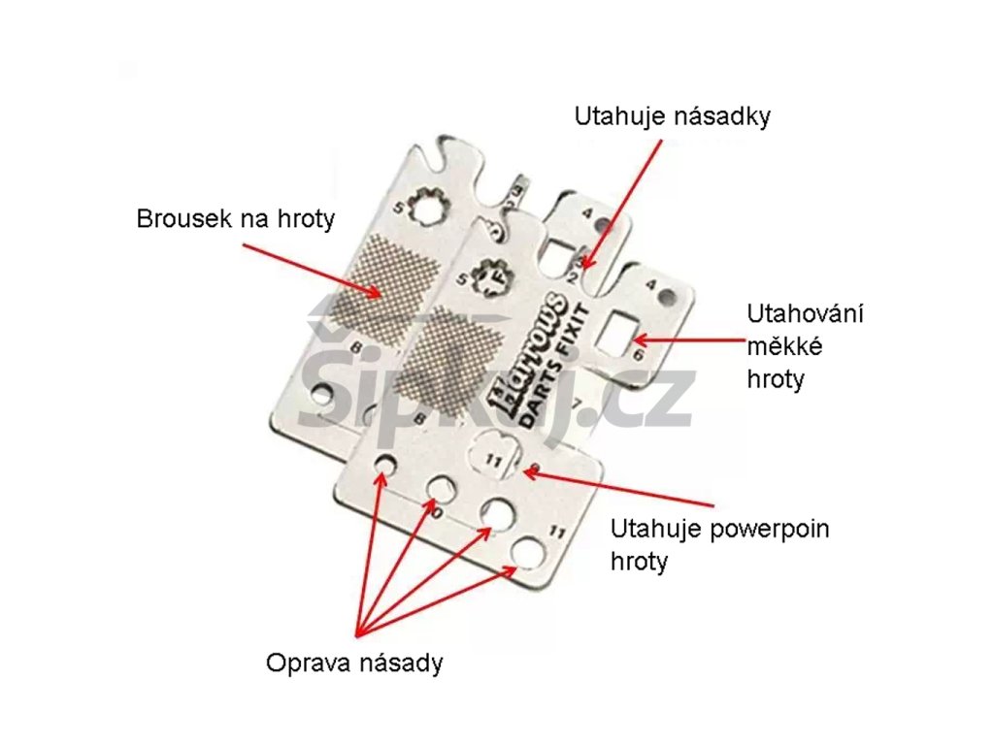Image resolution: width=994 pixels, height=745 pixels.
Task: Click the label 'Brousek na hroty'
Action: [x=235, y=218]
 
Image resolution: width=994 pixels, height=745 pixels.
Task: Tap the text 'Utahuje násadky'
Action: [x=672, y=117]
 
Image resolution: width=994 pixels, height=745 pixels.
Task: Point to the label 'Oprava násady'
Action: [x=354, y=664]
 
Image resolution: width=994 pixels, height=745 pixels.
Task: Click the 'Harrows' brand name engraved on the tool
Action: [x=523, y=340]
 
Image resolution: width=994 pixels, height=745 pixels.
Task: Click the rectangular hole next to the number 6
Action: [x=618, y=331]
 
